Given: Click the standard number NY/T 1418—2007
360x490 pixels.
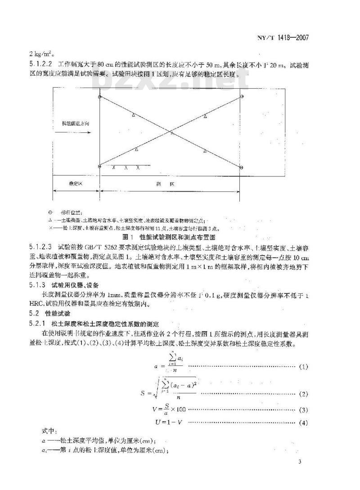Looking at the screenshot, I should coord(287,38).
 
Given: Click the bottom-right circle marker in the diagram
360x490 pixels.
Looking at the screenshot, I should coord(242,168).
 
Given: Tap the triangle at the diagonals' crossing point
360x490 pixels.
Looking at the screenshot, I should coord(171,132).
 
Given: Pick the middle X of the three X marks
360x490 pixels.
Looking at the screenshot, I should coord(126,168).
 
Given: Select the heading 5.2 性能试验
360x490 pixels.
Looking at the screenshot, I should coord(51,313).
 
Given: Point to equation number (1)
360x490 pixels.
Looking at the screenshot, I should coord(303,367).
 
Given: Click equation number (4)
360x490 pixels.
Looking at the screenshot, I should coord(303,423).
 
